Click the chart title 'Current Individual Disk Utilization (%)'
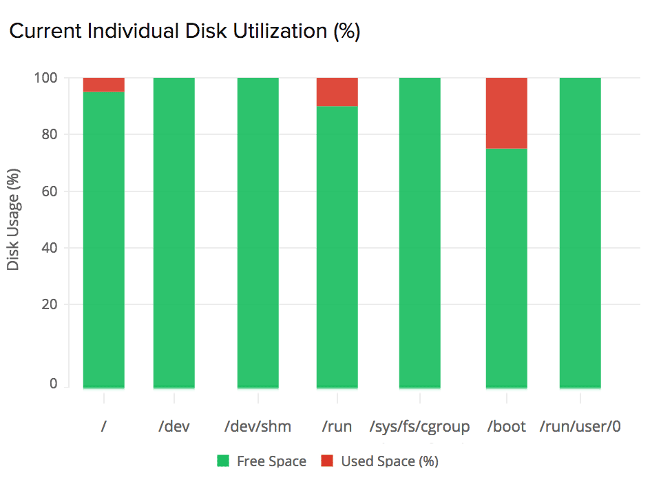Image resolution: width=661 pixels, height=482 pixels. tap(184, 32)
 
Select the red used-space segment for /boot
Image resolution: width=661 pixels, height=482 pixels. tap(506, 113)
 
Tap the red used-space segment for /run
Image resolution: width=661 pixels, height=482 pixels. tap(337, 92)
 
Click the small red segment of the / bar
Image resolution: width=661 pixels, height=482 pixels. tap(103, 85)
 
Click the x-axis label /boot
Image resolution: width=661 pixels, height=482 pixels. tap(506, 427)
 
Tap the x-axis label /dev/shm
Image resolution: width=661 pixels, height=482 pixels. tap(258, 427)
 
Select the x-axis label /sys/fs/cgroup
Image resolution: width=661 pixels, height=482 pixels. tap(419, 427)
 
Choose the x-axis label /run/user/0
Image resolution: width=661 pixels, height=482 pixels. tap(580, 427)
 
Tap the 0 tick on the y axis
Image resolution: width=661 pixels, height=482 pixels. tap(53, 384)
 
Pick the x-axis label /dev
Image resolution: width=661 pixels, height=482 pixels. tap(174, 427)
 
